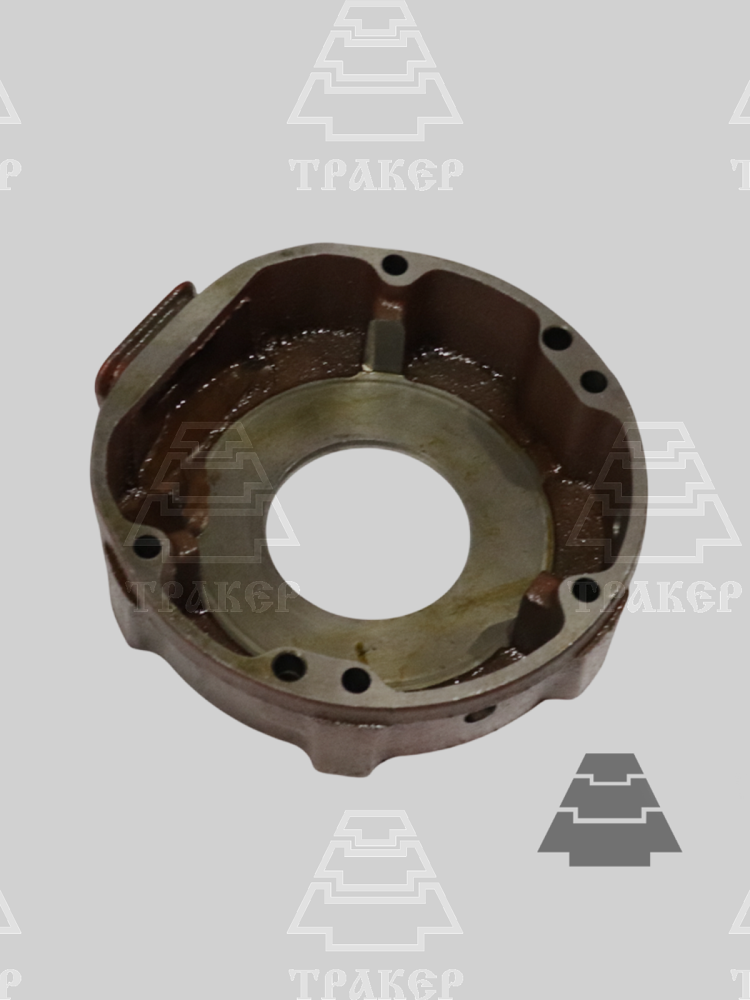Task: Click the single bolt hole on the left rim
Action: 149,542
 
